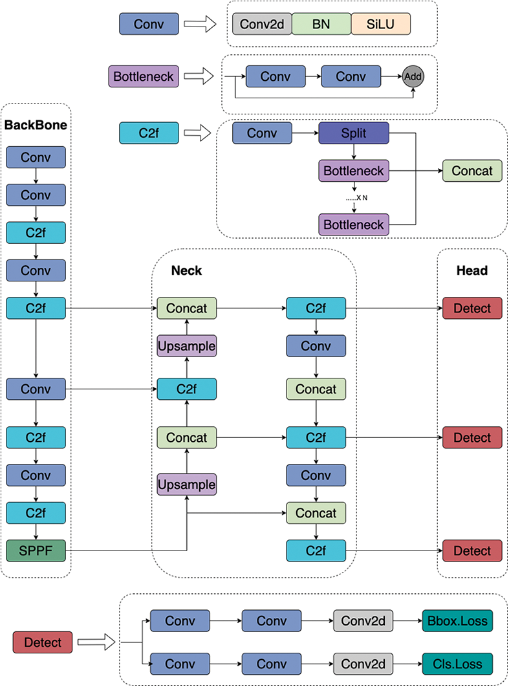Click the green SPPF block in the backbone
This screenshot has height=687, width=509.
click(36, 551)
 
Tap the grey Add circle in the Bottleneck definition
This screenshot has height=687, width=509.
click(413, 76)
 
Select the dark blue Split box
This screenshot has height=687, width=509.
click(354, 134)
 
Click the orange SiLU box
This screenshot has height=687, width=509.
click(381, 24)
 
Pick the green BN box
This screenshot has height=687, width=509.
click(321, 24)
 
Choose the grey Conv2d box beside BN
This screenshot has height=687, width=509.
click(262, 24)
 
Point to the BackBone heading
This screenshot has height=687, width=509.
click(36, 125)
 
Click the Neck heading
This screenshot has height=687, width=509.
click(186, 270)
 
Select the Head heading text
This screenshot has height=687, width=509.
click(472, 270)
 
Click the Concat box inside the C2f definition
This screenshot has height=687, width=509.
click(472, 171)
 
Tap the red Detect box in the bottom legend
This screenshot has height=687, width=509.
click(43, 642)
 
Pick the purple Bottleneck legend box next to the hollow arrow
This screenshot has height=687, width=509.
click(143, 76)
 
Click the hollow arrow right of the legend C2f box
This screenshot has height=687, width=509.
click(198, 134)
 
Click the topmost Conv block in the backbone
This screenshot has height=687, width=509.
click(36, 157)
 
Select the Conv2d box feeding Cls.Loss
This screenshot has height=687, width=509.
click(363, 664)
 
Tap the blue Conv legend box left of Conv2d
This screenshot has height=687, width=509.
click(149, 24)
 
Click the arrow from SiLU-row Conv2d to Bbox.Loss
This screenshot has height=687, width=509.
click(407, 621)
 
